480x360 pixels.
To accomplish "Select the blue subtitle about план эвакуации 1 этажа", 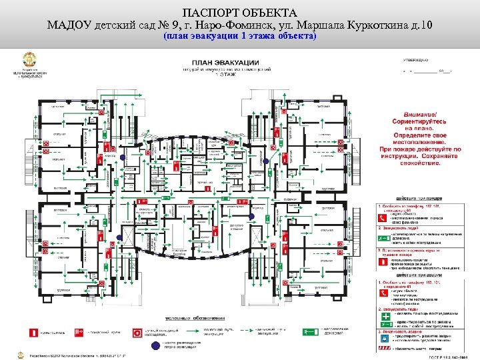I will [x=239, y=37].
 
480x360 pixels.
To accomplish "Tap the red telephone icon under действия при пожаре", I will [x=383, y=209].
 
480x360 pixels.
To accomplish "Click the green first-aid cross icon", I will [x=383, y=323].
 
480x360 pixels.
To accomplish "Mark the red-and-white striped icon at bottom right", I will [x=383, y=349].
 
